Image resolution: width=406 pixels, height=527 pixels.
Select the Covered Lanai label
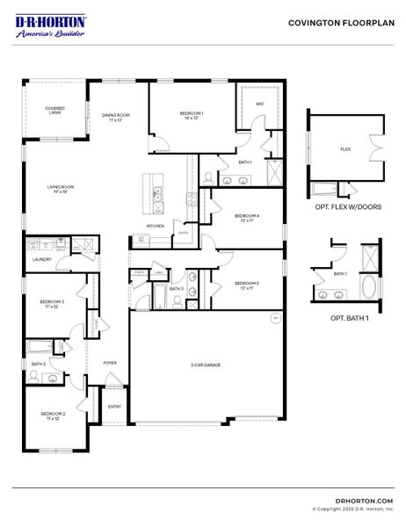click(54, 111)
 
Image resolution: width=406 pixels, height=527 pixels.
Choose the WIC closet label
click(260, 104)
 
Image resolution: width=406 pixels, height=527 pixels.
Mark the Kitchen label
click(155, 226)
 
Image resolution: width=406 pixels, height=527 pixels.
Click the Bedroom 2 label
click(53, 415)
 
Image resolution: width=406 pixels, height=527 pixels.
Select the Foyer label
click(110, 362)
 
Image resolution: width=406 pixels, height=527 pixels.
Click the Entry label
click(115, 407)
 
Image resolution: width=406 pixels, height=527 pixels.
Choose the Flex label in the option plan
click(345, 150)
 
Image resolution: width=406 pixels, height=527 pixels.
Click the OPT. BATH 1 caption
click(349, 319)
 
